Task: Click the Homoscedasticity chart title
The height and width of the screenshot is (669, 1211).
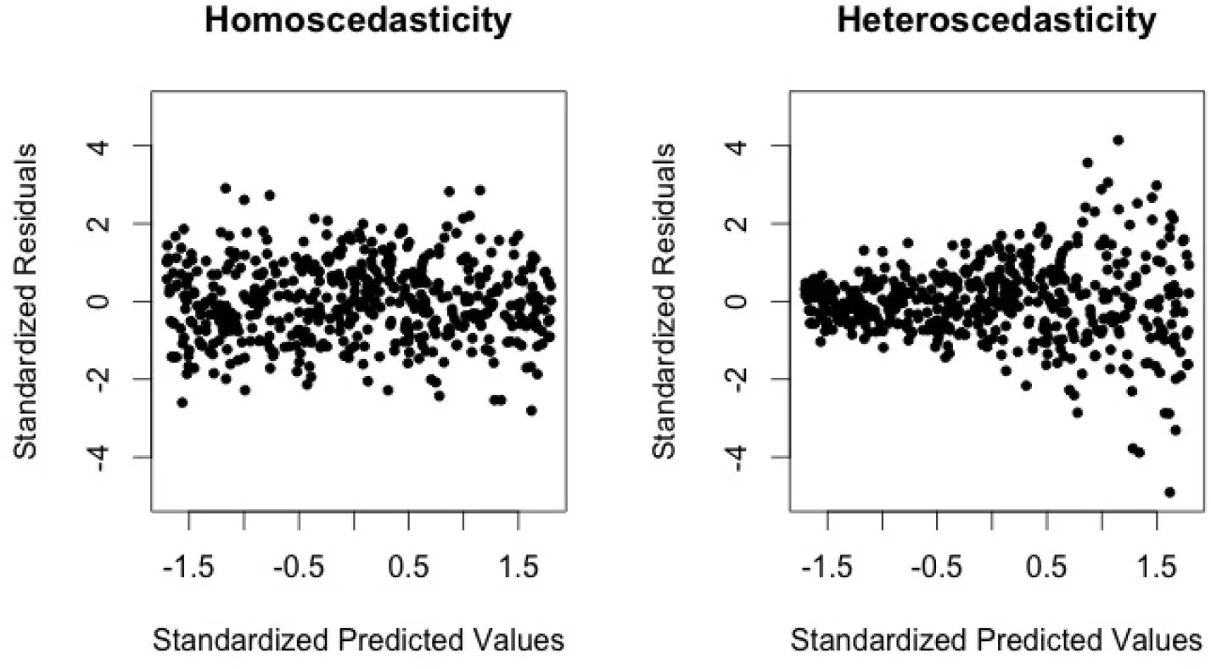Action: pyautogui.click(x=357, y=20)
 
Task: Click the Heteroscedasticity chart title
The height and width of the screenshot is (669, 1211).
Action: pyautogui.click(x=996, y=20)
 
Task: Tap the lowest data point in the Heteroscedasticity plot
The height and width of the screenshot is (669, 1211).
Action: pyautogui.click(x=1169, y=492)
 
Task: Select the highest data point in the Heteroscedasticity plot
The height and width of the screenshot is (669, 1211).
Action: pyautogui.click(x=1118, y=140)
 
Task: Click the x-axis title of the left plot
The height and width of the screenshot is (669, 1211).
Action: pyautogui.click(x=357, y=640)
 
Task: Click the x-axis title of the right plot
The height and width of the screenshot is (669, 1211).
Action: pyautogui.click(x=996, y=640)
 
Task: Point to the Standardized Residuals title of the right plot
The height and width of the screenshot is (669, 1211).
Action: pyautogui.click(x=665, y=301)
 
